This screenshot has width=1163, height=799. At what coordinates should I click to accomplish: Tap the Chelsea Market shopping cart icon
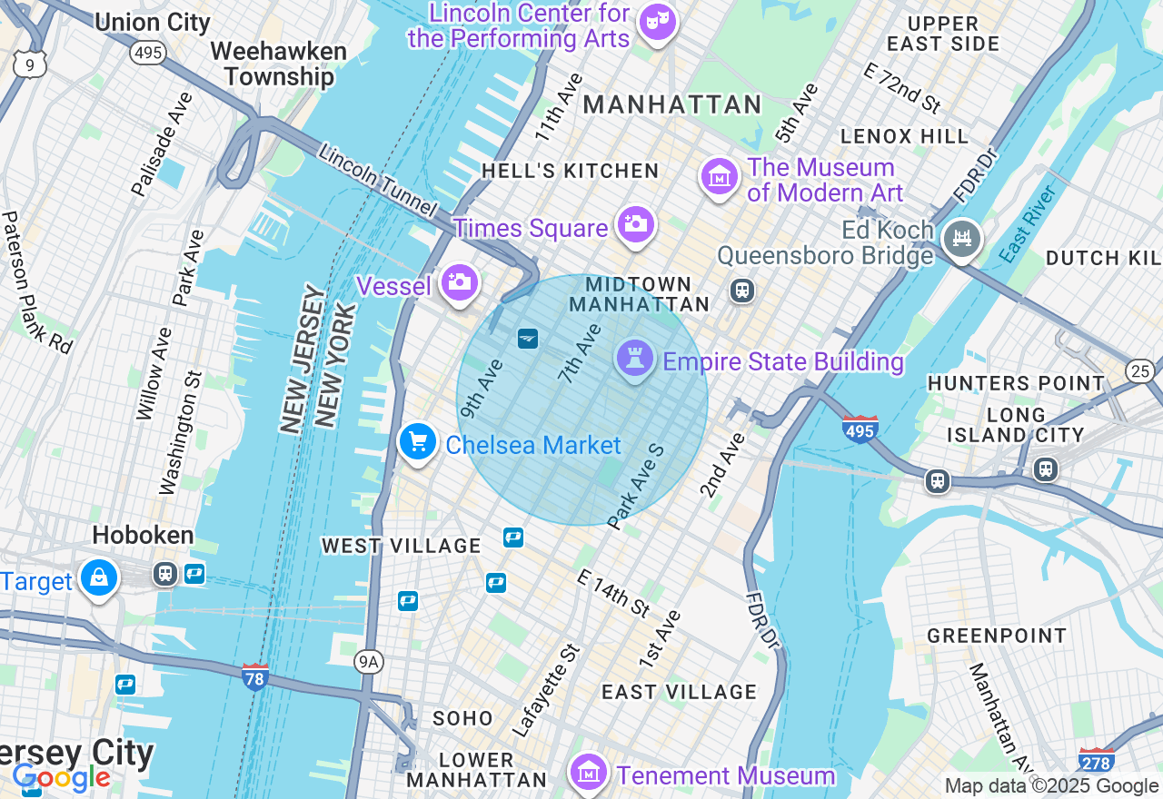(x=418, y=442)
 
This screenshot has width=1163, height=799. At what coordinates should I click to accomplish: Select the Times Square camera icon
(x=635, y=223)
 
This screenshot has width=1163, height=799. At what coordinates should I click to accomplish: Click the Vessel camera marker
(x=460, y=282)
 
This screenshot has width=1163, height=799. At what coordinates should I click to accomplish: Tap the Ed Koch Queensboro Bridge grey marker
(x=962, y=238)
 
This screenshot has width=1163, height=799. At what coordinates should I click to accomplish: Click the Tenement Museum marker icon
(x=589, y=772)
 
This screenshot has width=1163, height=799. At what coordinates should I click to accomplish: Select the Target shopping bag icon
(x=98, y=577)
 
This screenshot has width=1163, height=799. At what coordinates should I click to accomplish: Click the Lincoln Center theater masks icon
(x=656, y=20)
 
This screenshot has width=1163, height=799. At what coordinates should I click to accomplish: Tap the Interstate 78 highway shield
(x=255, y=676)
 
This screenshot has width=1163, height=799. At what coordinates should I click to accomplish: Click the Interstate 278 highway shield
(x=1096, y=761)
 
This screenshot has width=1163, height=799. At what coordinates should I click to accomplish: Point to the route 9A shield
(x=368, y=661)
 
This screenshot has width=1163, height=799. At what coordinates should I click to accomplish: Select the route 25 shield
(x=1140, y=370)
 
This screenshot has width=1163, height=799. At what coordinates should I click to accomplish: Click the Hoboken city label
(x=143, y=535)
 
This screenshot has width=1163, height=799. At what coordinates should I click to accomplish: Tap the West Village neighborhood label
(x=402, y=546)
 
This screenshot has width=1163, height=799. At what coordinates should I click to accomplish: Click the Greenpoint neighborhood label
(x=997, y=636)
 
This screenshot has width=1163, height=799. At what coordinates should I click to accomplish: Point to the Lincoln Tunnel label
(x=377, y=181)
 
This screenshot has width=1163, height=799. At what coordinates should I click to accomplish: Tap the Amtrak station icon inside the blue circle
(x=527, y=339)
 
